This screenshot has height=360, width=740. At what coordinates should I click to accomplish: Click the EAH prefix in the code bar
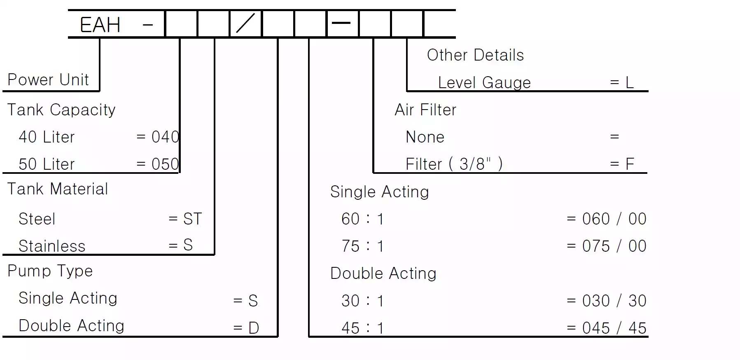coord(100,25)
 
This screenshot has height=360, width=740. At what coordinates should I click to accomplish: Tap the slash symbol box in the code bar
coord(245,23)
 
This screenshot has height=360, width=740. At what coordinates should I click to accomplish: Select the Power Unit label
coord(48,79)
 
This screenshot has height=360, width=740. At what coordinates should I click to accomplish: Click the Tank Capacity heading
coord(61,110)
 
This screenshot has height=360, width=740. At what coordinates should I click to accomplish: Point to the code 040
coord(166,137)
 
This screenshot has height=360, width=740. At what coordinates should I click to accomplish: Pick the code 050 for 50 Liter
coord(166,164)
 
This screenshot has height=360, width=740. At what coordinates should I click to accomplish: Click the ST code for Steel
coord(193,219)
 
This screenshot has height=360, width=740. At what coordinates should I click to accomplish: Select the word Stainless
coord(52,246)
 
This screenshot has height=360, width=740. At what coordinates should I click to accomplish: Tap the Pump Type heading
coord(50,271)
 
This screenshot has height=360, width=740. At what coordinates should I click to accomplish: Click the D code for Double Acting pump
coord(254,328)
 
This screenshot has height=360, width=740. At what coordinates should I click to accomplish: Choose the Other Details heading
coord(475,55)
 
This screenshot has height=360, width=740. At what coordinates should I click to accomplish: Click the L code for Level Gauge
coord(630,82)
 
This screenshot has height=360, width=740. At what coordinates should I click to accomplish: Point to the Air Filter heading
coord(425,110)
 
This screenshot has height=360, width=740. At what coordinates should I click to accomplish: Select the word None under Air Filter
coord(425,137)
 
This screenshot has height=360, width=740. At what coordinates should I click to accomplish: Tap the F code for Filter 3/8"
coord(630,164)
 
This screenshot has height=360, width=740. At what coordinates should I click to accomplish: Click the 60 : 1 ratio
coord(362,219)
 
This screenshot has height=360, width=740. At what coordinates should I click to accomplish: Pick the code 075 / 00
coord(614,246)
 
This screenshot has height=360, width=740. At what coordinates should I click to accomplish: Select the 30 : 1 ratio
coord(362,301)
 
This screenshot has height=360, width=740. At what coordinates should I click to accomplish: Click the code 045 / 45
coord(614,328)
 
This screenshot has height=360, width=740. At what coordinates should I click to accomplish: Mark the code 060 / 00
coord(614,219)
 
